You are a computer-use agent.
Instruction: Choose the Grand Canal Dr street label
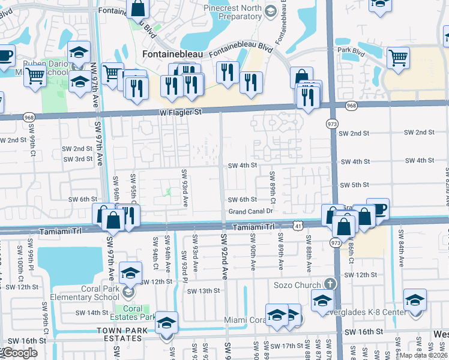coord(251,211)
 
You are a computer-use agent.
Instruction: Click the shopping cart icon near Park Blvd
coord(398,57)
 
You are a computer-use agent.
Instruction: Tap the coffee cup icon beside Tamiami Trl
coord(378,209)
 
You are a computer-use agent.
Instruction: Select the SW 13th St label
coord(203,291)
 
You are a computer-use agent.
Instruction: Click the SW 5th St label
coord(355,185)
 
